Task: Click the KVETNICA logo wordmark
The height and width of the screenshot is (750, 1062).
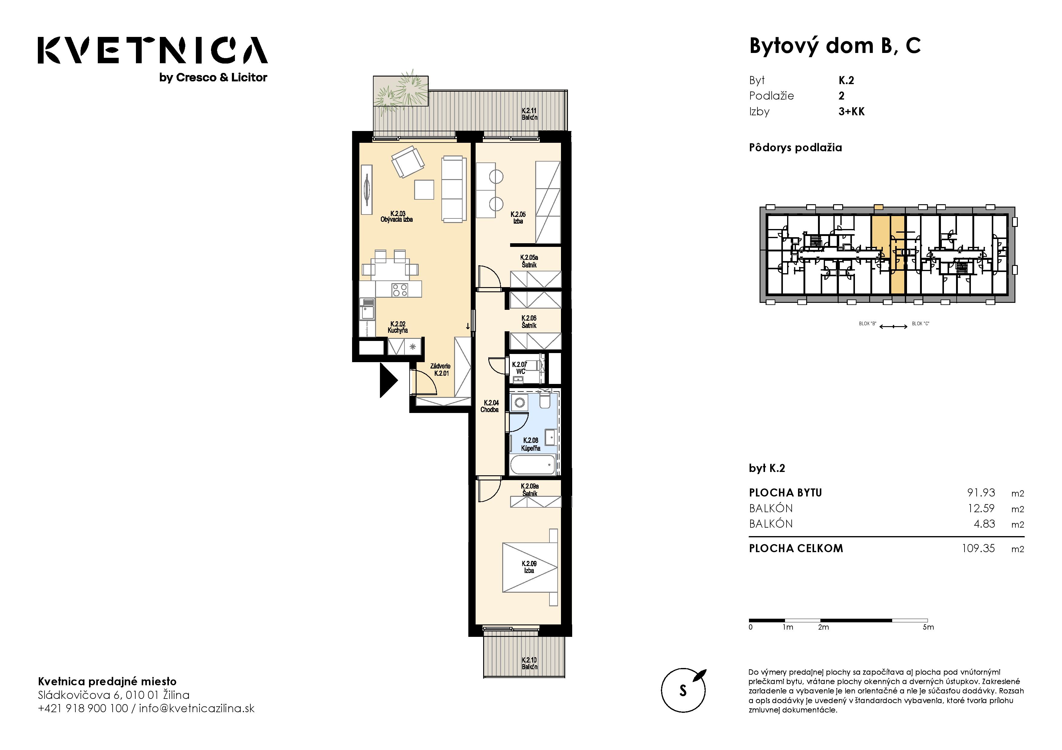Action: point(153,50)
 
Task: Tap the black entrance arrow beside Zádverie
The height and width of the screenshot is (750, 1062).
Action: point(388,380)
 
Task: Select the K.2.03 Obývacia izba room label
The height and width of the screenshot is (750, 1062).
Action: point(397,217)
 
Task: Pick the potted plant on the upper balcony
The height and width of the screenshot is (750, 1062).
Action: point(401,92)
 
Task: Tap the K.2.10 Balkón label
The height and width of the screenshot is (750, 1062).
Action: point(529,663)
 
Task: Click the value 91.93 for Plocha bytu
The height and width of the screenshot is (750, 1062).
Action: point(981,493)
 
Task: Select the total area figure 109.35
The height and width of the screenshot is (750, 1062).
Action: point(978,548)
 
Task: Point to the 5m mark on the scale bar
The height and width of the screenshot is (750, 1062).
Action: point(928,627)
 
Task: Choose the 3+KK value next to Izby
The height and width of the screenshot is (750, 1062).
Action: point(852,111)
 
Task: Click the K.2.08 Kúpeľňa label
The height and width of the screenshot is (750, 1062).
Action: point(530,444)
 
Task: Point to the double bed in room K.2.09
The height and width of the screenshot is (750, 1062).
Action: point(530,567)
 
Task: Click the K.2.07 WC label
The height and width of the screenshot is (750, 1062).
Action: point(520,368)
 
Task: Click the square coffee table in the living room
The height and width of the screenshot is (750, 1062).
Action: point(424,189)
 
